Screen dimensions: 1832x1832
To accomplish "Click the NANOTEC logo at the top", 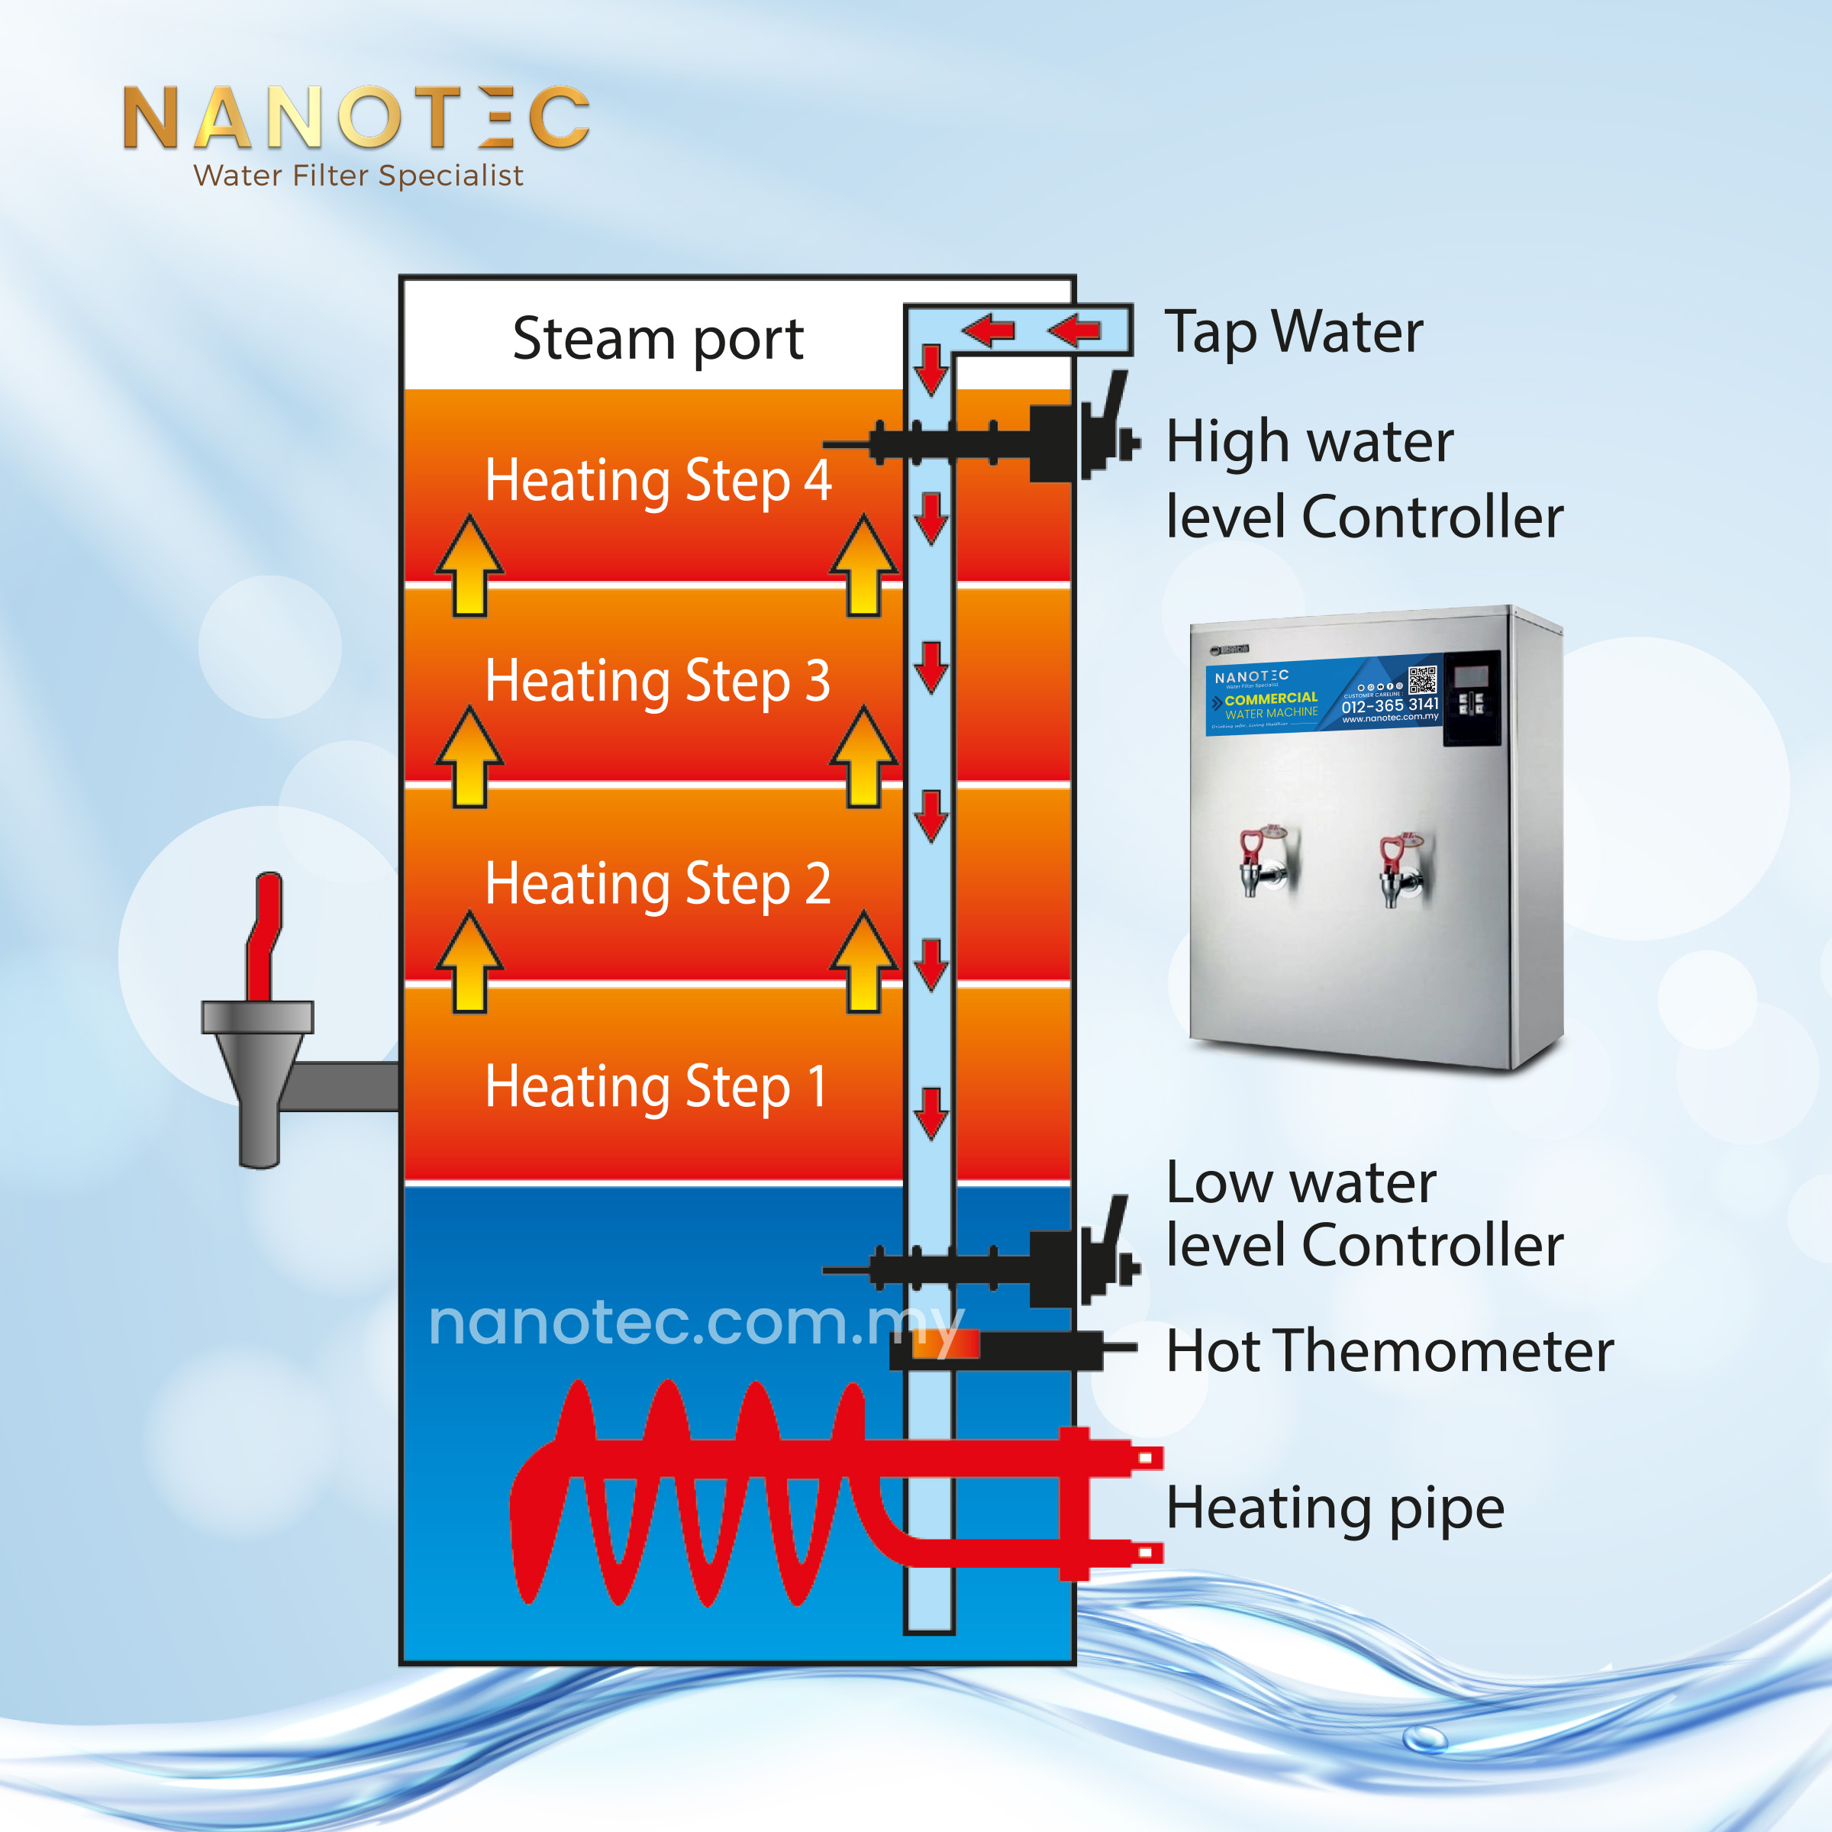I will (x=356, y=118).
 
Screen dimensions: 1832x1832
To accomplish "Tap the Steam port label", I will (x=657, y=338).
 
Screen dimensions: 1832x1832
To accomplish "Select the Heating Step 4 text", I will (x=657, y=480).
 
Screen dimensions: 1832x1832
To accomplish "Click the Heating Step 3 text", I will (x=657, y=681).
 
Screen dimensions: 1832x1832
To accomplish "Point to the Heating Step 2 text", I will (x=657, y=884).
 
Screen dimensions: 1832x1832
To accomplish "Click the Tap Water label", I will (x=1293, y=332).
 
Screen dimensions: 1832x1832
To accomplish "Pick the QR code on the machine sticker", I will (x=1422, y=680).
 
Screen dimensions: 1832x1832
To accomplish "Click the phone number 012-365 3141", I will (x=1389, y=705).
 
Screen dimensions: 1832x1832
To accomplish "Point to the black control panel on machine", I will (x=1471, y=698).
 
